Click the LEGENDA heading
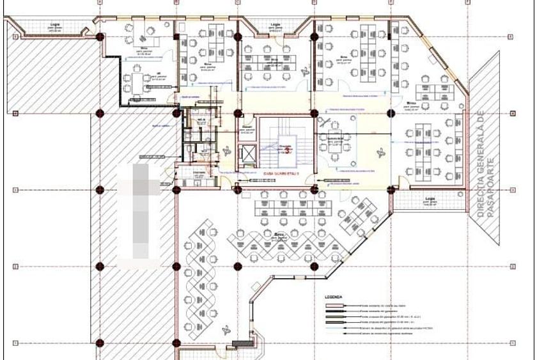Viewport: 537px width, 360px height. pyautogui.click(x=334, y=297)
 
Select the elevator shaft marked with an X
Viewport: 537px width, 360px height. pyautogui.click(x=247, y=154)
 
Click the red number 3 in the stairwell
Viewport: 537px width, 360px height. pyautogui.click(x=288, y=151)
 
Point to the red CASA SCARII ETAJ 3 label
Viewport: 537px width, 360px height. pyautogui.click(x=281, y=173)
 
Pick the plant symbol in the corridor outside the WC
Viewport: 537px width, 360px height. pyautogui.click(x=226, y=151)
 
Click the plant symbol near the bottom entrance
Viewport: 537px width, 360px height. pyautogui.click(x=226, y=330)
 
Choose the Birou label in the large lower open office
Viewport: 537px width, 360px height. pyautogui.click(x=279, y=235)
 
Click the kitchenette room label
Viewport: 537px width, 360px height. pyautogui.click(x=199, y=173)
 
